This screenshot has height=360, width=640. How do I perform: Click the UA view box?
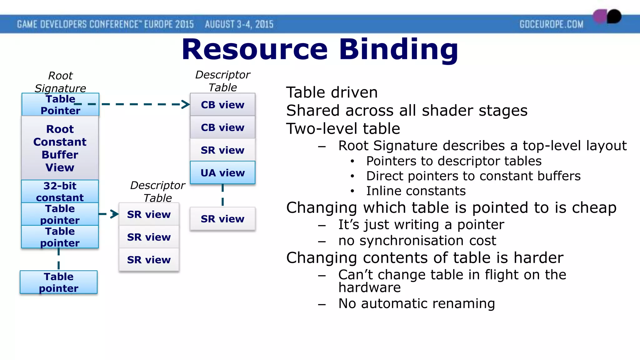pos(222,172)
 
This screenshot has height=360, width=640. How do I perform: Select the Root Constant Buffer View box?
pos(60,148)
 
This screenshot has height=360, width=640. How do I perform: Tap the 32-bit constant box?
pos(60,191)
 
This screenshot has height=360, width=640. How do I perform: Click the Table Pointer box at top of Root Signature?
pos(60,105)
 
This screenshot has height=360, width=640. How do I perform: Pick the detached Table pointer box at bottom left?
pos(59,282)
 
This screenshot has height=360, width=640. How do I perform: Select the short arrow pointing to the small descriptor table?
pos(109,214)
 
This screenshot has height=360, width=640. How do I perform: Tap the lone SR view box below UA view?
pos(222,219)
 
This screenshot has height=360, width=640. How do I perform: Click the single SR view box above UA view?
pos(222,150)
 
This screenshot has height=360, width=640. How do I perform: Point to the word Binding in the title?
pos(398,49)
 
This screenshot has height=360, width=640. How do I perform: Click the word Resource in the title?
pos(255,49)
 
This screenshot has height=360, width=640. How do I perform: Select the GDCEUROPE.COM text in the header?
pos(551,24)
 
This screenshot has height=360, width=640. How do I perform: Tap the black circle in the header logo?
pos(614,16)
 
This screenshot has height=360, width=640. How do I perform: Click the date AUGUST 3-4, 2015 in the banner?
pos(239,24)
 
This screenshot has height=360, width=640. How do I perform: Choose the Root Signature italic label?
pos(60,82)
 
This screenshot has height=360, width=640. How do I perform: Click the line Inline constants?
pos(416,191)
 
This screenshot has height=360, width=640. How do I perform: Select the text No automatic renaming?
pos(417,303)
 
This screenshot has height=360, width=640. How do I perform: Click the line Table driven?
pos(332,92)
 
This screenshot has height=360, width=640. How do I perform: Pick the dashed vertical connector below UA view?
pos(222,195)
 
